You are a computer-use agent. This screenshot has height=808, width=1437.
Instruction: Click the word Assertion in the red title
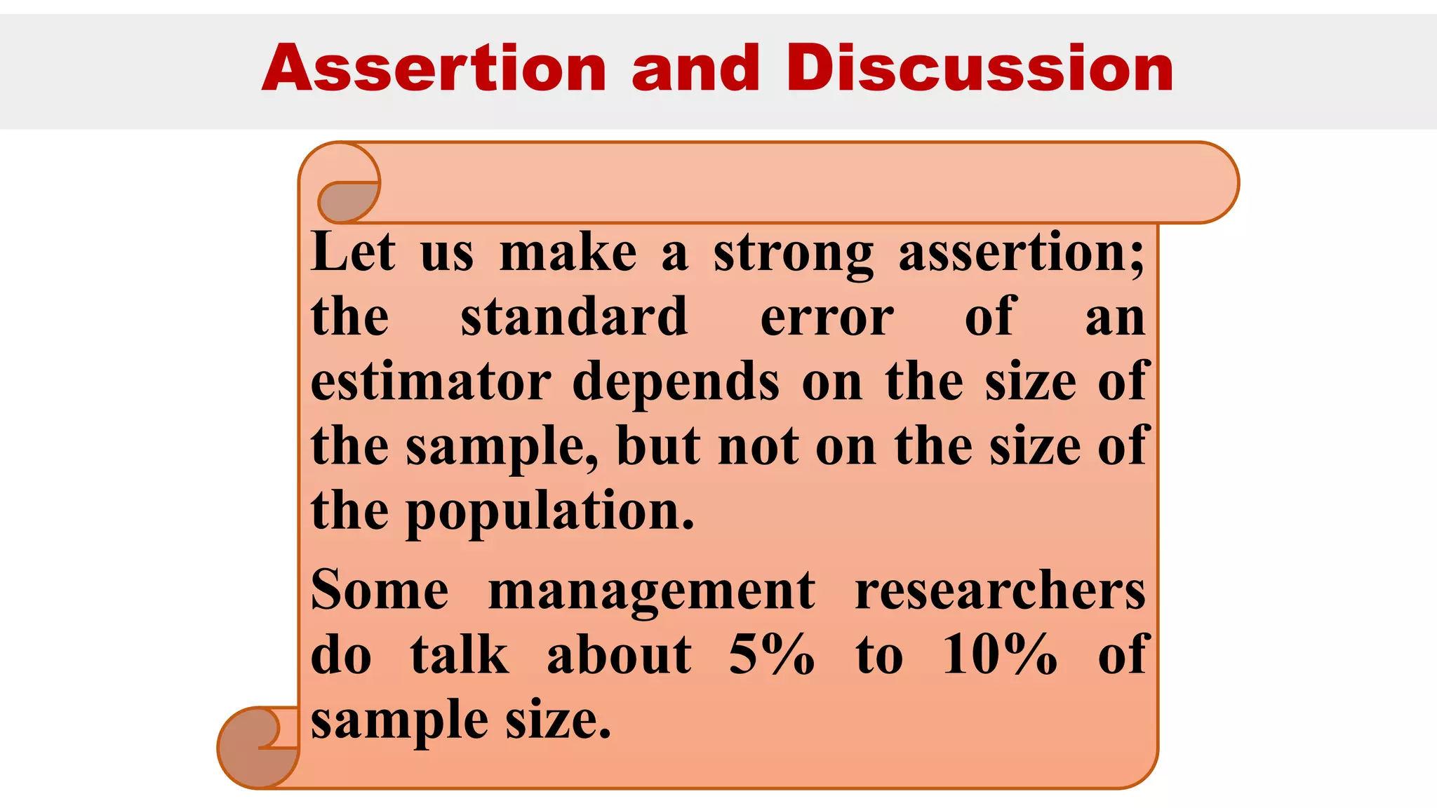click(434, 68)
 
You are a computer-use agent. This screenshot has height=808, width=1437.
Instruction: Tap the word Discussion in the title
click(980, 68)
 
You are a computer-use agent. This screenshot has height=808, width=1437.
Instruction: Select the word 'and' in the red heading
click(695, 68)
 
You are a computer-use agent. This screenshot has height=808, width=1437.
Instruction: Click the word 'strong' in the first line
click(793, 253)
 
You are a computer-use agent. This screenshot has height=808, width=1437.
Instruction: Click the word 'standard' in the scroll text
click(574, 317)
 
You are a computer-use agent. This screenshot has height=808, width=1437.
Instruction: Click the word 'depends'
click(676, 383)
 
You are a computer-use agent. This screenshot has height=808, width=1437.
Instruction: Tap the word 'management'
click(651, 592)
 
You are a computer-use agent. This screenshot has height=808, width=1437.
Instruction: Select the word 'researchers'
click(1000, 591)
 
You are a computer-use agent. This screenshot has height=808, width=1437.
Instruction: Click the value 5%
click(771, 655)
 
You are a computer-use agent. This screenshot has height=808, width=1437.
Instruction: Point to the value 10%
click(999, 655)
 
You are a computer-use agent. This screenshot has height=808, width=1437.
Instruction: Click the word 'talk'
click(460, 655)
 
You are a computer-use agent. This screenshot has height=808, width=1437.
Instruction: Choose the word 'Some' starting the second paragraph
click(380, 591)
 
